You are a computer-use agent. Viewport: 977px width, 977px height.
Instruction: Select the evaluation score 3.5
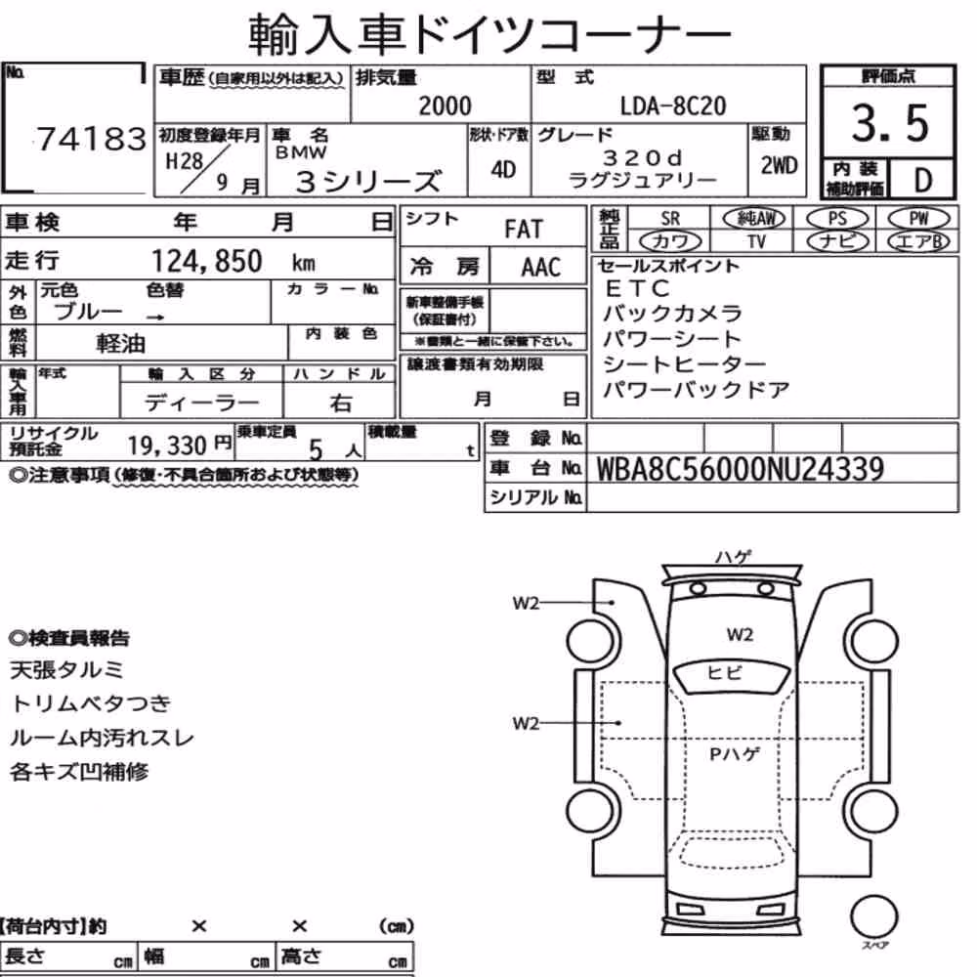pos(890,123)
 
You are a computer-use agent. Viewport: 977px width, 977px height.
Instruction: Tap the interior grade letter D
pos(923,180)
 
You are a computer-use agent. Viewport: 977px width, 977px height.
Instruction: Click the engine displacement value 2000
pos(445,106)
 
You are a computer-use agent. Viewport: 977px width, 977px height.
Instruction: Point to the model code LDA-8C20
pos(673,106)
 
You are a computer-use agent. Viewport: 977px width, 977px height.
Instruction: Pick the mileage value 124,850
pos(207,261)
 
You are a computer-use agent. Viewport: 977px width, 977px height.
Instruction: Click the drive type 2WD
pos(779,166)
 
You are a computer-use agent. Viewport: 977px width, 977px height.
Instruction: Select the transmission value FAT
pos(524,230)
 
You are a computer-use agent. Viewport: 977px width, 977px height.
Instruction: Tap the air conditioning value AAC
pos(540,268)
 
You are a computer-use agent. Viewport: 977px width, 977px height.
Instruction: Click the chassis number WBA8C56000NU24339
pos(741,469)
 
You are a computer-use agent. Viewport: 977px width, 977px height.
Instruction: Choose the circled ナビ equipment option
pos(837,241)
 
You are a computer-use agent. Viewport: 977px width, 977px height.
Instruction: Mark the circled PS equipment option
pos(837,219)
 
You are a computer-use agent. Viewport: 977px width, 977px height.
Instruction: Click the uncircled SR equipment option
pos(670,219)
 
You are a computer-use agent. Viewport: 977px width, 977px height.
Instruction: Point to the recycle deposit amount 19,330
pos(167,446)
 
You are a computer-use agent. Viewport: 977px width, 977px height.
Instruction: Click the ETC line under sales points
pos(637,288)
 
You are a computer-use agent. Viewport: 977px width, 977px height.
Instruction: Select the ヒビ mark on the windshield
pos(725,673)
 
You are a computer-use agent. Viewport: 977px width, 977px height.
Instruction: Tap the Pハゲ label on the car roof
pos(736,754)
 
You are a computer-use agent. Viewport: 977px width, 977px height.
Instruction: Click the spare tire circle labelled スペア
pos(873,917)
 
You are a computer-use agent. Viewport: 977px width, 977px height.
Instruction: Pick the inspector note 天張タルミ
pos(67,670)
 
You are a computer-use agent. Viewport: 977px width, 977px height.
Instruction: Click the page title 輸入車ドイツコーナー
pos(489,33)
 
